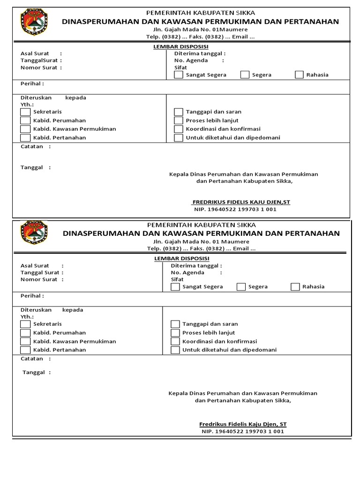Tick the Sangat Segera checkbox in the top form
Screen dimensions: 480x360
point(179,75)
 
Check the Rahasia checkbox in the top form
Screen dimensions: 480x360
point(299,75)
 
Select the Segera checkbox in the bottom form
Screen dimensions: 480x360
point(241,287)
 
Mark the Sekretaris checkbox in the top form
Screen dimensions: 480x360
point(25,112)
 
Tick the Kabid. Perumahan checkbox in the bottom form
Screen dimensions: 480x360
point(25,333)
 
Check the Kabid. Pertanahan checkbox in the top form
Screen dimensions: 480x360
point(25,138)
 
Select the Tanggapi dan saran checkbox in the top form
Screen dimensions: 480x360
point(179,112)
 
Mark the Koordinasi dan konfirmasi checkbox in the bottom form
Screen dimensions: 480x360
point(175,341)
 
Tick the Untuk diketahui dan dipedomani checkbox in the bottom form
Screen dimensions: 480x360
point(175,350)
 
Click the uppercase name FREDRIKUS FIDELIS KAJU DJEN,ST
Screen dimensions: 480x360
point(241,202)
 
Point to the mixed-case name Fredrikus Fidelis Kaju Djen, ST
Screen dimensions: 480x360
point(243,424)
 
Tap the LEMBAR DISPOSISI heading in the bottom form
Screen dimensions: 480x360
point(181,259)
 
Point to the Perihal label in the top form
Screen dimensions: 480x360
point(31,84)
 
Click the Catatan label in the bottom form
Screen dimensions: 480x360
point(32,359)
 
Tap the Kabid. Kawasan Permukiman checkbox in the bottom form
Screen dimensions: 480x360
point(25,341)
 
